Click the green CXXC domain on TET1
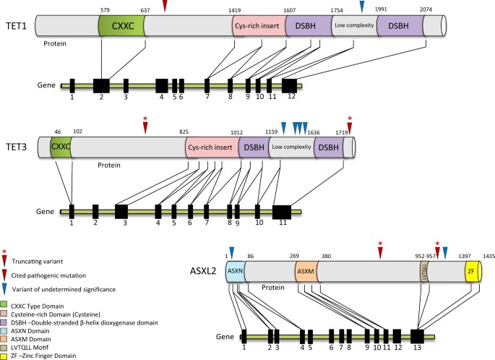tap(121, 27)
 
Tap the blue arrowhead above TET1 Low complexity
tap(362, 7)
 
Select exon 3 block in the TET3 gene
tap(121, 211)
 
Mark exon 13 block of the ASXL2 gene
tap(417, 336)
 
